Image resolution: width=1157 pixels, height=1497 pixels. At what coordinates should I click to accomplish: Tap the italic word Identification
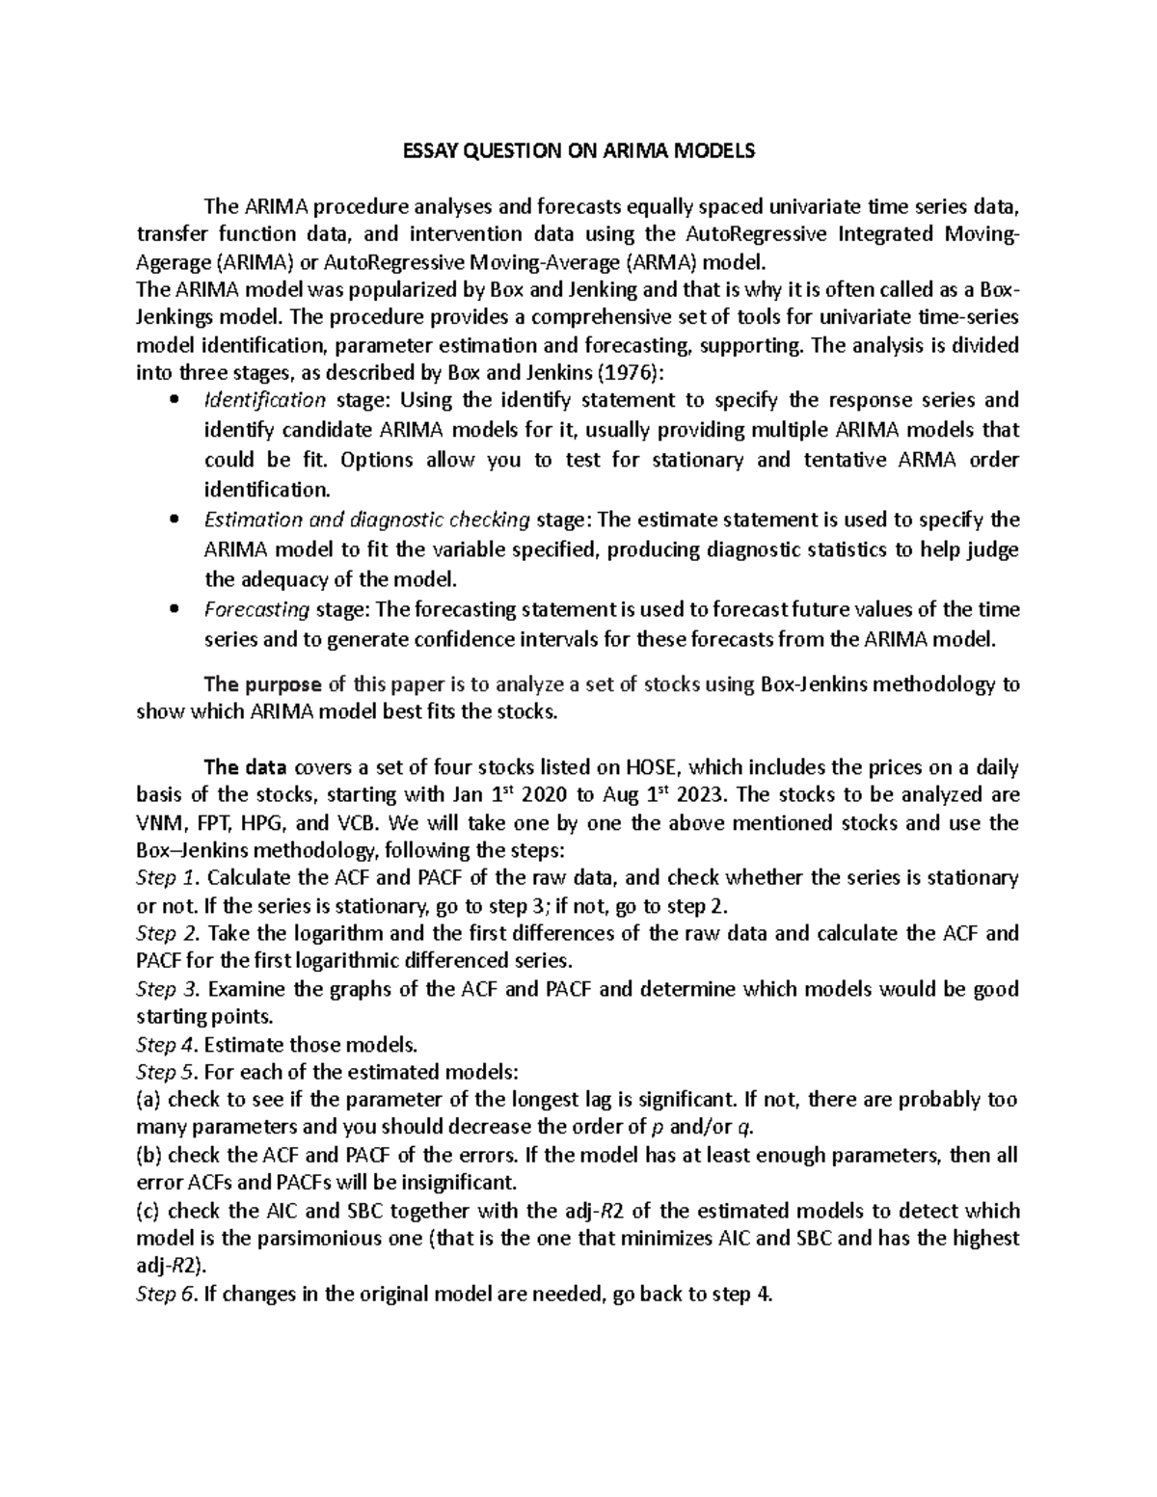[266, 400]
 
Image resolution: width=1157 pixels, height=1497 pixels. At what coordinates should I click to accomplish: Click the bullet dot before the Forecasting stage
[174, 610]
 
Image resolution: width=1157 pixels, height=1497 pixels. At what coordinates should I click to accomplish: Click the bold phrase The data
[245, 768]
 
